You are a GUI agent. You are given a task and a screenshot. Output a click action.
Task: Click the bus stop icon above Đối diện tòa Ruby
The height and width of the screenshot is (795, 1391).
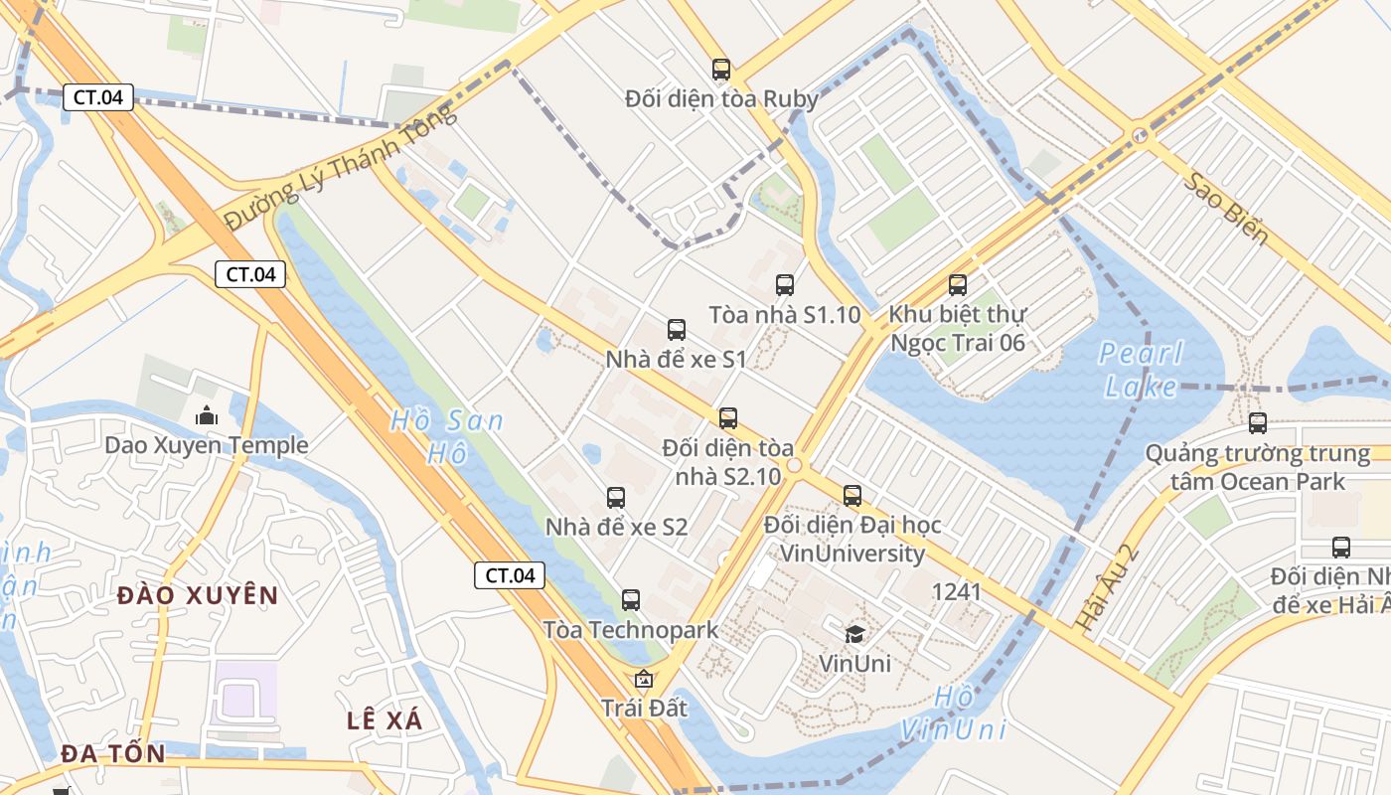tap(721, 70)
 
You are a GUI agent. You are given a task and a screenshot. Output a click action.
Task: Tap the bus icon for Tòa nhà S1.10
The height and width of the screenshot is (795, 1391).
tap(785, 285)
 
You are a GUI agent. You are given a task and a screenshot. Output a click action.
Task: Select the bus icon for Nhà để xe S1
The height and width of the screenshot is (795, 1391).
tap(677, 330)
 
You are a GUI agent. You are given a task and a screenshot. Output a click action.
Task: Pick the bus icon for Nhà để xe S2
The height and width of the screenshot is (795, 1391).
tap(616, 498)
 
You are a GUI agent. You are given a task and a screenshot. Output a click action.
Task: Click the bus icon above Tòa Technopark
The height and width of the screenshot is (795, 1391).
tap(631, 600)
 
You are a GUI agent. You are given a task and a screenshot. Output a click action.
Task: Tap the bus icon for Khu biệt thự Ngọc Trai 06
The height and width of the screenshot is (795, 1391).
tap(958, 285)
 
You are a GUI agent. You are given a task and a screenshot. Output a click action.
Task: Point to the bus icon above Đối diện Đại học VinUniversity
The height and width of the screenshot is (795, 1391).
tap(852, 496)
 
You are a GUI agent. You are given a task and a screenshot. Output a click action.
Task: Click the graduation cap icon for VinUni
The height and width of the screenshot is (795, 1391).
tap(854, 634)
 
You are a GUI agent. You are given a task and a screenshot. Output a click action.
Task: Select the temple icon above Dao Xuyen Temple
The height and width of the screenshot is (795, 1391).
tap(207, 415)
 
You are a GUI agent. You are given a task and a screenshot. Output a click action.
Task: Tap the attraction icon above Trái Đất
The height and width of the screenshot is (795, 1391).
tap(644, 680)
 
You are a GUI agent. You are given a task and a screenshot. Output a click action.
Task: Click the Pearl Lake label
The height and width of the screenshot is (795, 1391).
tap(1141, 370)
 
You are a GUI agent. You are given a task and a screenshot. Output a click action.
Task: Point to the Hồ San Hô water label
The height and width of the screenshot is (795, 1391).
tap(446, 436)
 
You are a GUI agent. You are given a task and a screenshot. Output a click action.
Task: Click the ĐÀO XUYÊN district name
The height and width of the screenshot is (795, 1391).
tap(198, 595)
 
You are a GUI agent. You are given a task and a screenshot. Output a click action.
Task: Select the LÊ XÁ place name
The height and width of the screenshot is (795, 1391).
tap(385, 720)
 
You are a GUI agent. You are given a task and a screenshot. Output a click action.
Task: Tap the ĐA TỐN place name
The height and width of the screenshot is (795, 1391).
tap(113, 753)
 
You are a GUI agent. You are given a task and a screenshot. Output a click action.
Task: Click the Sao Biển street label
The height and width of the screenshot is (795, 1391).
tap(1226, 208)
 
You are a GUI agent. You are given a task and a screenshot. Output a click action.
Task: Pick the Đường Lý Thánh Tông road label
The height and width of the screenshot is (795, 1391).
tap(341, 166)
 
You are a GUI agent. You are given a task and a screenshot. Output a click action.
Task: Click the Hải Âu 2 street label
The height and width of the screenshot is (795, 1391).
tap(1107, 586)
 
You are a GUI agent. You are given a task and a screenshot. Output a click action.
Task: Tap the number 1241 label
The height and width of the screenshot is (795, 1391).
tap(956, 592)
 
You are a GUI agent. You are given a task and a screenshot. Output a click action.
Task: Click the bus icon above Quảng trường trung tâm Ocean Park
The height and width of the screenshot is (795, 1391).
tap(1258, 423)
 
